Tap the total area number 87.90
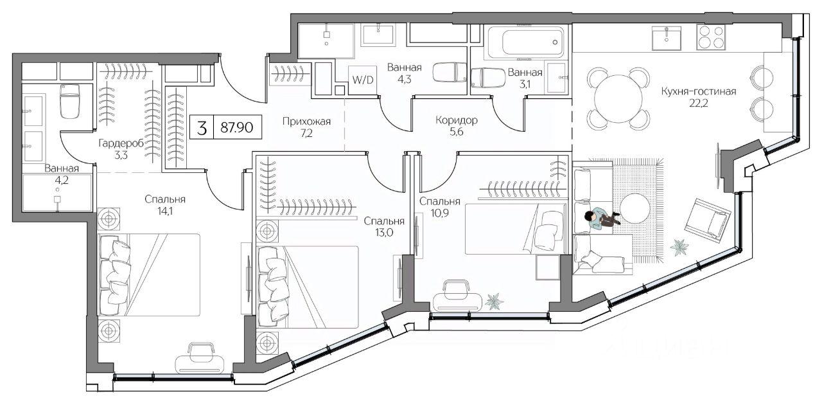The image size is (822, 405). pyautogui.click(x=236, y=128)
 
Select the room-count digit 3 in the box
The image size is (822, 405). pyautogui.click(x=202, y=128)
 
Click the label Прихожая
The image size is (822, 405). pyautogui.click(x=307, y=120)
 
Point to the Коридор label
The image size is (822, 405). pyautogui.click(x=456, y=120)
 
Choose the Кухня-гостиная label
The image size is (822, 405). pyautogui.click(x=698, y=91)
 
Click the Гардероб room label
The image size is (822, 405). pyautogui.click(x=116, y=143)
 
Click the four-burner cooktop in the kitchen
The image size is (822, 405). pyautogui.click(x=710, y=37)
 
